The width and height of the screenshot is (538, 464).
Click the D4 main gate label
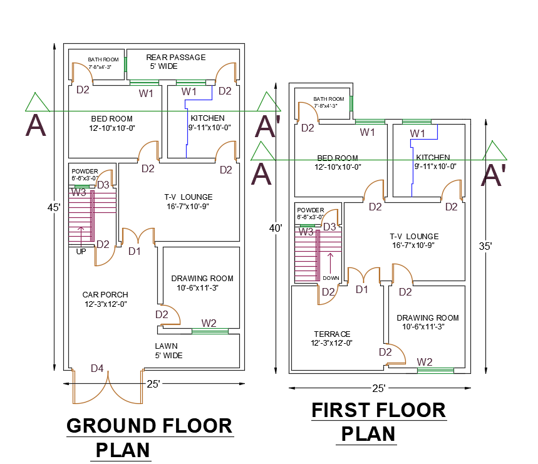pyautogui.click(x=97, y=369)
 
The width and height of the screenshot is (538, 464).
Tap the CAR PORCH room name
pyautogui.click(x=105, y=295)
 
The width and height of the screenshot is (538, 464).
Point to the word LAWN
pyautogui.click(x=166, y=346)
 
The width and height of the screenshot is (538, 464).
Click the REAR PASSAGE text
pyautogui.click(x=175, y=57)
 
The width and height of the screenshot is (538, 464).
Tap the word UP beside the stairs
pyautogui.click(x=81, y=251)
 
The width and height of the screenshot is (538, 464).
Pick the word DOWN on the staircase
pyautogui.click(x=331, y=277)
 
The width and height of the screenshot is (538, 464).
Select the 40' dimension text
pyautogui.click(x=276, y=229)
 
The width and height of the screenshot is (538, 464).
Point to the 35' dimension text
pyautogui.click(x=485, y=246)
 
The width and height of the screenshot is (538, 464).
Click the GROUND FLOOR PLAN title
pyautogui.click(x=149, y=437)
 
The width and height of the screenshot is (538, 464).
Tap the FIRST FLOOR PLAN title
pyautogui.click(x=378, y=421)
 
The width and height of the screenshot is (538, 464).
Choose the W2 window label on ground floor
pyautogui.click(x=209, y=323)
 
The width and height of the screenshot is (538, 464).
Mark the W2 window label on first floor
pyautogui.click(x=425, y=361)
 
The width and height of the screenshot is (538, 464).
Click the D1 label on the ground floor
pyautogui.click(x=135, y=251)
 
